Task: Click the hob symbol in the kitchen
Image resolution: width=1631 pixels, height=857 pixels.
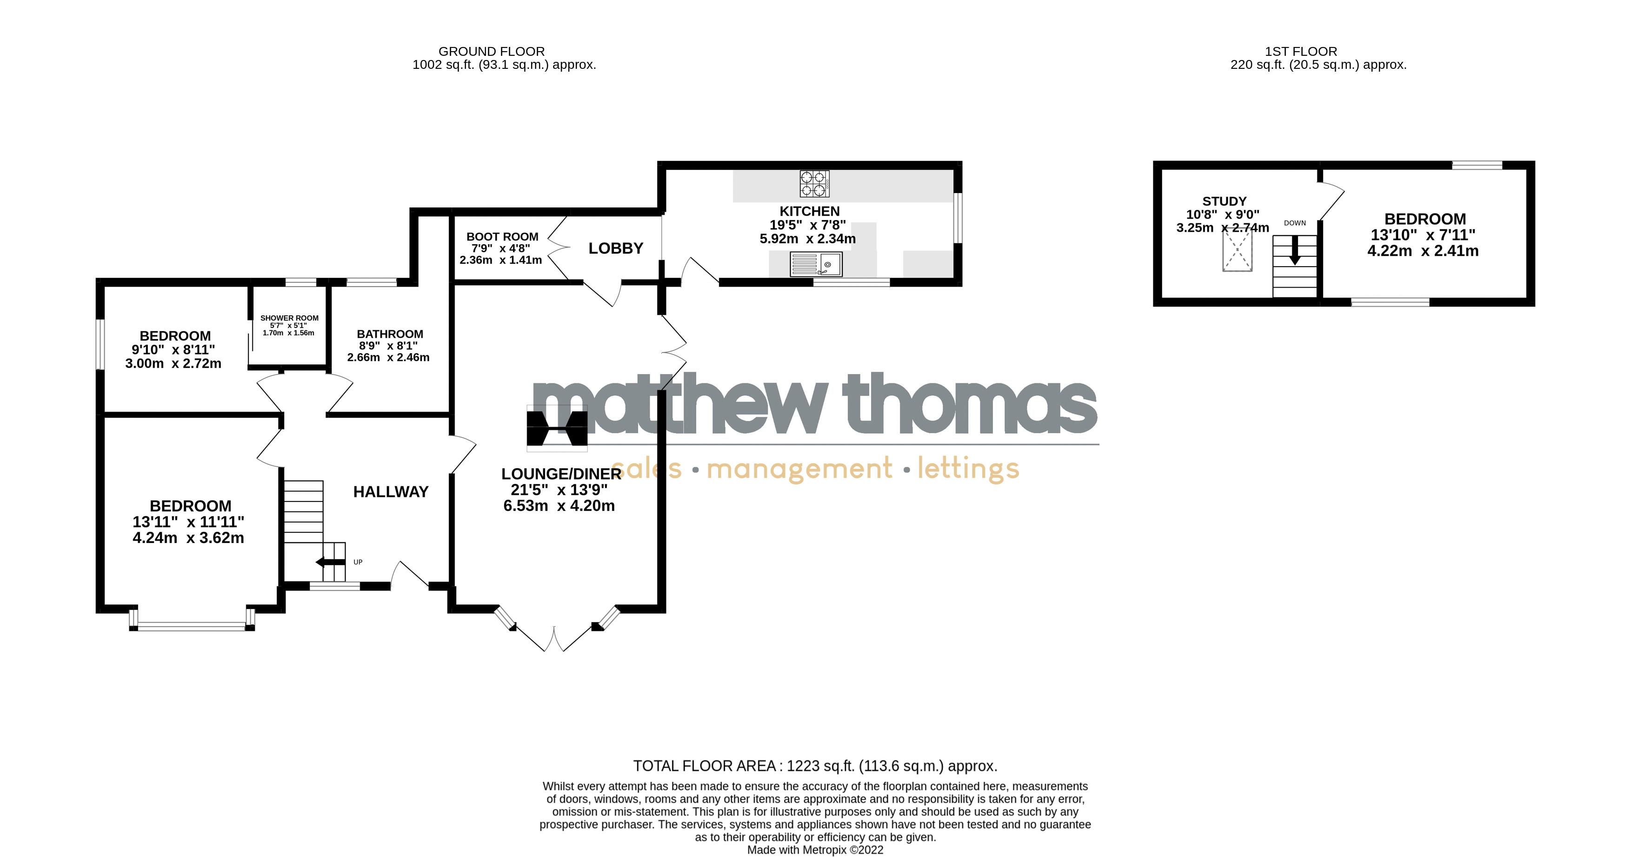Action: [814, 184]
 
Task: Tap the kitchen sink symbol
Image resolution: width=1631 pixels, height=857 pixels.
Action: [816, 264]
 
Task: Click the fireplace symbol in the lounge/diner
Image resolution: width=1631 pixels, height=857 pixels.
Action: [557, 428]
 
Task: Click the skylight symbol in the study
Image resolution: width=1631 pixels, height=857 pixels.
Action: [1237, 250]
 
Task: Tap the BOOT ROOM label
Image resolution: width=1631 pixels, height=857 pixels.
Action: [502, 236]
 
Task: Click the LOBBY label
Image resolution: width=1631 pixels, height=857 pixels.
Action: [615, 248]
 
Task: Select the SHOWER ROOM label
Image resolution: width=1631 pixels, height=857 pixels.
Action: [289, 318]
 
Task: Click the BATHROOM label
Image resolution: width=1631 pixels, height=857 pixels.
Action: [390, 334]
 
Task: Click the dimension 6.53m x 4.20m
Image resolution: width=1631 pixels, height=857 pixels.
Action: [559, 505]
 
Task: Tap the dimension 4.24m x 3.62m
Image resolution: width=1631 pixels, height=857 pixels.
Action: [188, 538]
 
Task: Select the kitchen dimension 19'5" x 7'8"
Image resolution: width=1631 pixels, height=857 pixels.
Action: [807, 225]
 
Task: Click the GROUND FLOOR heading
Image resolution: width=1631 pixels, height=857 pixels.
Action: [491, 51]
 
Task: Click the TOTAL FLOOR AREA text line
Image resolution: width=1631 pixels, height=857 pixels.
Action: [815, 766]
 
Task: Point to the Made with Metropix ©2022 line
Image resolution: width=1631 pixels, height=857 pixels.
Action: [815, 850]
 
